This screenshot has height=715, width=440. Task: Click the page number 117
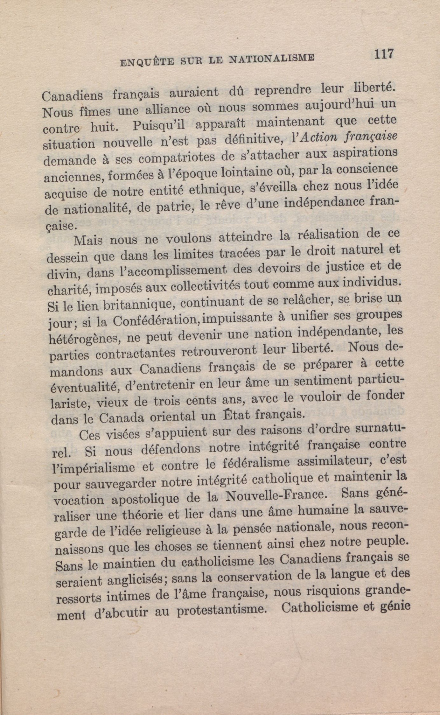point(384,53)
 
